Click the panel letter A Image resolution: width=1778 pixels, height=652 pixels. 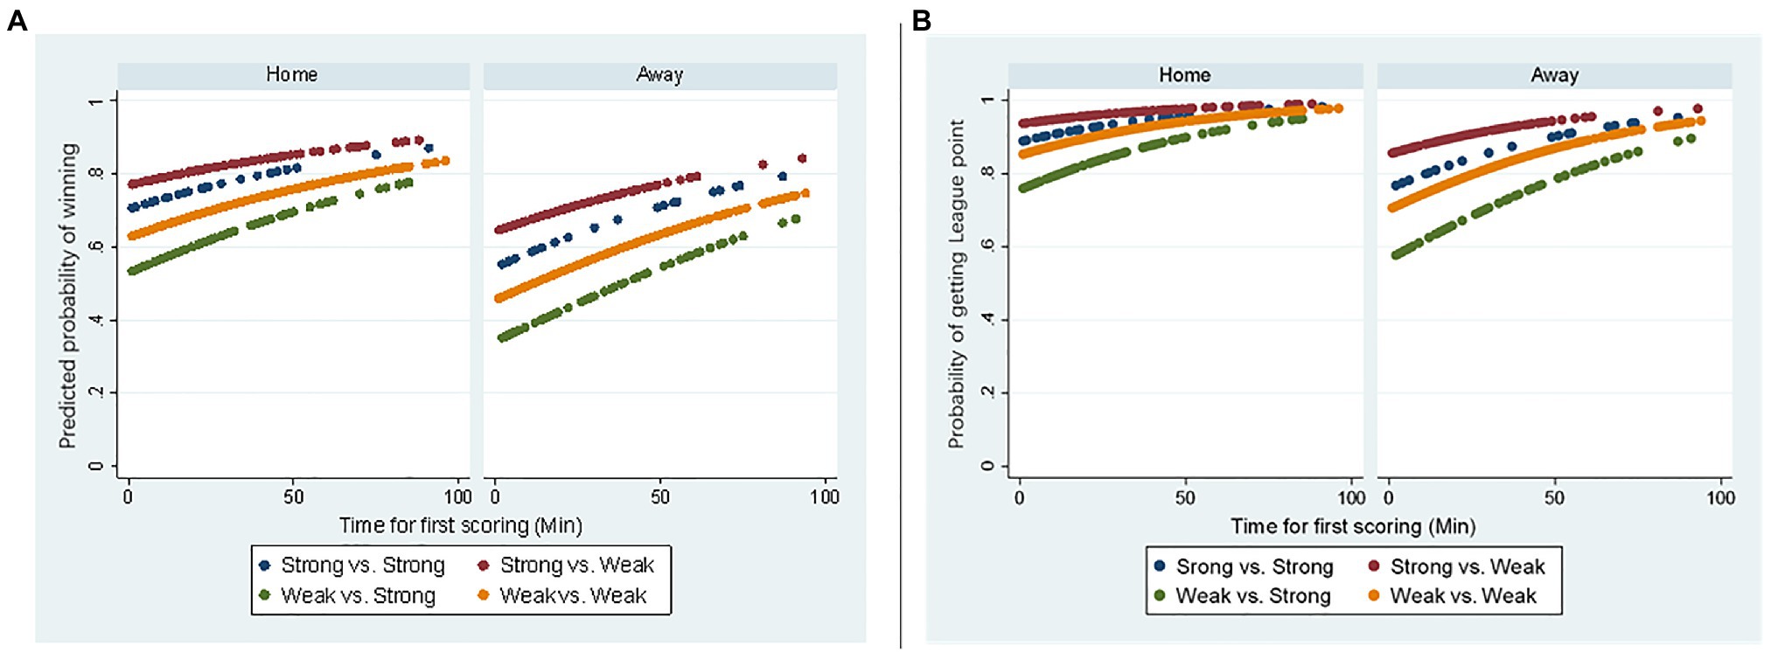[x=17, y=20]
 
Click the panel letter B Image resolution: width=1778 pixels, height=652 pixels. [x=921, y=20]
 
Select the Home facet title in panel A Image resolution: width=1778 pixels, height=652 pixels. [x=292, y=75]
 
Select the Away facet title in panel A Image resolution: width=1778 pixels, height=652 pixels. [x=659, y=75]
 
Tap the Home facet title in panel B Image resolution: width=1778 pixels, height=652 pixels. [x=1185, y=75]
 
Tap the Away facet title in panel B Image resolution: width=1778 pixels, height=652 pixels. [x=1554, y=75]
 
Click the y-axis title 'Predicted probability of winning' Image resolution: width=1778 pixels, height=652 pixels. [x=68, y=295]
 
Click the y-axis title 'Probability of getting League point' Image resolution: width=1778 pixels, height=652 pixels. [x=957, y=284]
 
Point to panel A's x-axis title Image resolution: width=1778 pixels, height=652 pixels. [x=461, y=525]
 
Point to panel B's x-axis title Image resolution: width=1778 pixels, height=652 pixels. [x=1353, y=526]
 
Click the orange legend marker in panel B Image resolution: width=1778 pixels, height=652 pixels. [x=1374, y=596]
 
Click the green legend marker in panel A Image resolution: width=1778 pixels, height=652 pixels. [x=264, y=596]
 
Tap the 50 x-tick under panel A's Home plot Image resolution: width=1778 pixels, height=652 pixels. [x=293, y=497]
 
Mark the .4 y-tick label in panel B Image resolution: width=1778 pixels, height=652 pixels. [x=987, y=320]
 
